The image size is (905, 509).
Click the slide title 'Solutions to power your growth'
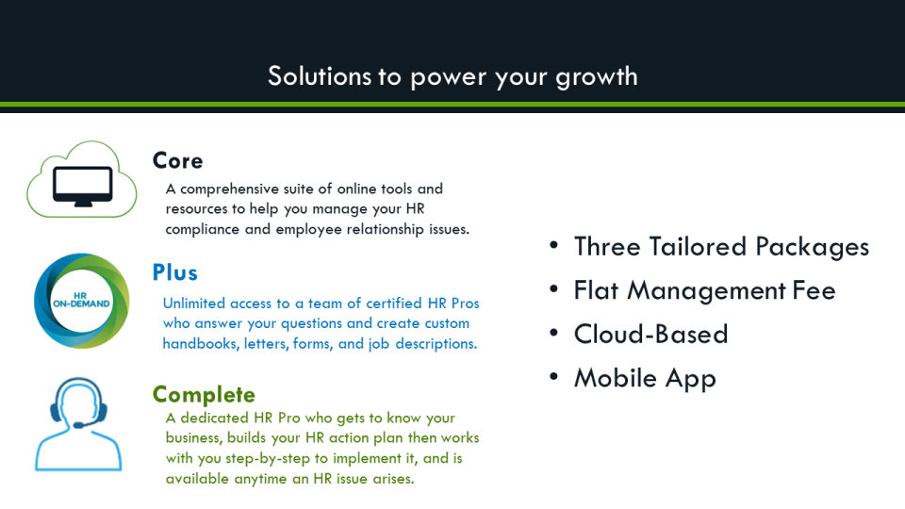452,75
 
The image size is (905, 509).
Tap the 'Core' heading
177,160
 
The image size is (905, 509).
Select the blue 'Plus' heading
175,272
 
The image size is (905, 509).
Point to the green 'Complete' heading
204,394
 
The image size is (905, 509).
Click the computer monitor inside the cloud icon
82,183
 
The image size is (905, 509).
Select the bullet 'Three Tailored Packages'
721,247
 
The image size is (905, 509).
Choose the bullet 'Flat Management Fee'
704,290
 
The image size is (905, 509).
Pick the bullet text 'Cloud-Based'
650,335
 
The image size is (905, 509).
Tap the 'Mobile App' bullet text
645,378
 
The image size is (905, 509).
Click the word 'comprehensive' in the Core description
227,189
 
